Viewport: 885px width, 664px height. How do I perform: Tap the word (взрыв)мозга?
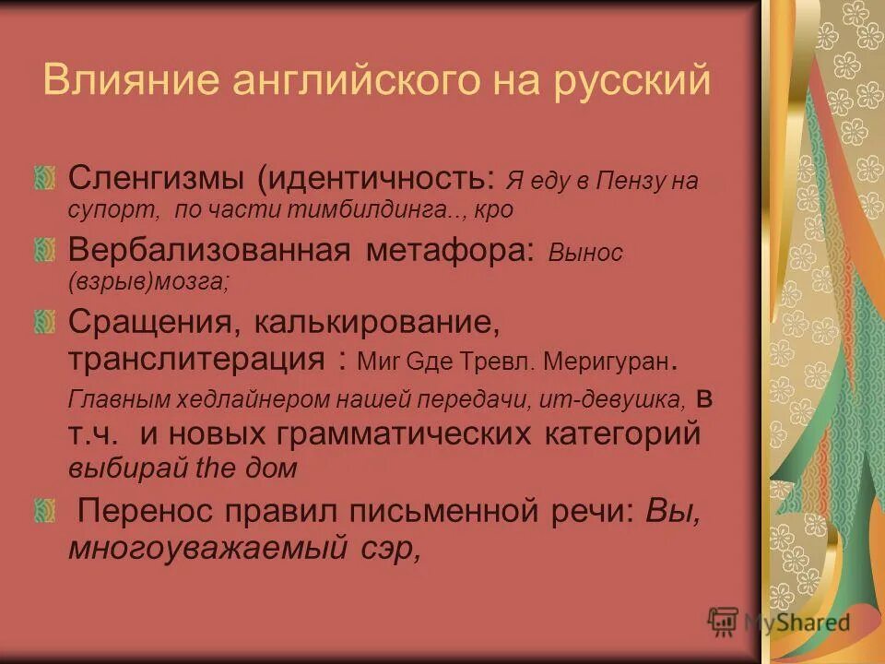148,283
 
